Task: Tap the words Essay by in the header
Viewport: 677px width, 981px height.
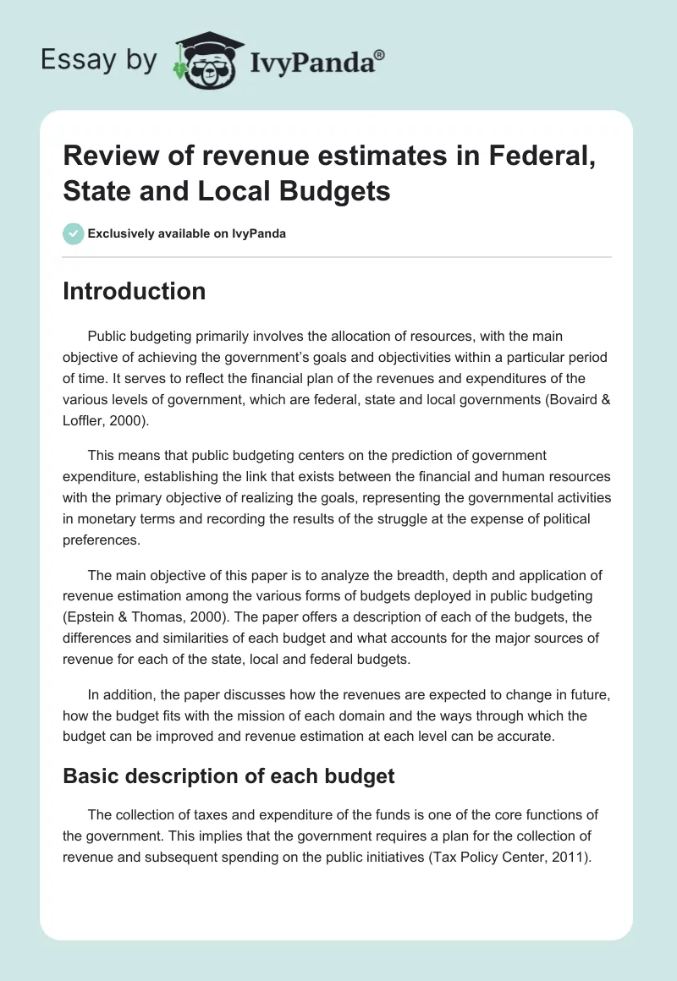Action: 101,60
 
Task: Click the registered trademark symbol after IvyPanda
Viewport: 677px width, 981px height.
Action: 380,54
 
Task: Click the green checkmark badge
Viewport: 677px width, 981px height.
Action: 74,233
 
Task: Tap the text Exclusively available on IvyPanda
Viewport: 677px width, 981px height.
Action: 187,233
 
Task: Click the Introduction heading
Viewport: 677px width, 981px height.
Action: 135,291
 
